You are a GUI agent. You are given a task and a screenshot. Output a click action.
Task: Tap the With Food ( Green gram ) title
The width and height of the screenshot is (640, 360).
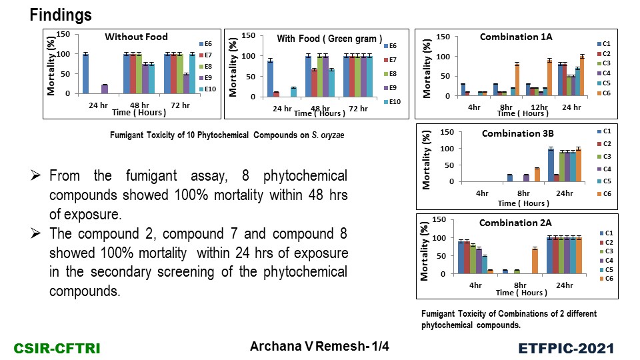tap(329, 39)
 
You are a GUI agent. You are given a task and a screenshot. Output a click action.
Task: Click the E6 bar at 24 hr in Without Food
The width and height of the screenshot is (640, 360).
tap(86, 73)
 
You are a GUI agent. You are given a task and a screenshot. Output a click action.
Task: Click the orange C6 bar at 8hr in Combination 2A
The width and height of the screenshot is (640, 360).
tap(516, 261)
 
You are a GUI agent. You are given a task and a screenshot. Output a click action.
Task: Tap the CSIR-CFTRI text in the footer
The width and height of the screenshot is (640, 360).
tap(49, 348)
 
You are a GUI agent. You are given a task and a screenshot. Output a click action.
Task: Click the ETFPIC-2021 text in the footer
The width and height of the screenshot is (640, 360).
tap(566, 348)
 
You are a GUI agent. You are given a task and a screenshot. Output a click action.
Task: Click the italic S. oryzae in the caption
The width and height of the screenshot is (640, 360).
tap(329, 137)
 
